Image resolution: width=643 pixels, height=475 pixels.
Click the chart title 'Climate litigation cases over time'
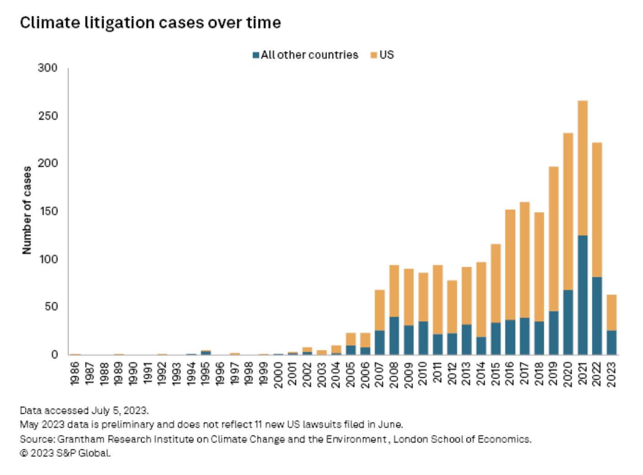(x=150, y=23)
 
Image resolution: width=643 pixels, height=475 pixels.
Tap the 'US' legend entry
(x=382, y=55)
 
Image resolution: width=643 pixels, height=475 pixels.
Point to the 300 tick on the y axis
(x=47, y=68)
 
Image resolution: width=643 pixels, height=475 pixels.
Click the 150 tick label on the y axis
(x=47, y=211)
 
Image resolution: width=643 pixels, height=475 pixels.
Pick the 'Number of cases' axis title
(x=27, y=210)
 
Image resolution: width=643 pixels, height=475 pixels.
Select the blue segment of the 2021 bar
(x=582, y=295)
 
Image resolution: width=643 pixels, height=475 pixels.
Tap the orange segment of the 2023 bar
(x=611, y=312)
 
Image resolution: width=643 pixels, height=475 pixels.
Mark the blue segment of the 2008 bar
(x=394, y=335)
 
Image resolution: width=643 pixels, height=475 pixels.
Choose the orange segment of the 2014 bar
(x=481, y=299)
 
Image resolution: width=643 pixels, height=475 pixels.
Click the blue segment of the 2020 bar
(x=568, y=322)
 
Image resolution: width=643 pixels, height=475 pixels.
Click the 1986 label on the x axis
(x=75, y=374)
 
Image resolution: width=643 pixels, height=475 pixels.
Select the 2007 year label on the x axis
(x=379, y=374)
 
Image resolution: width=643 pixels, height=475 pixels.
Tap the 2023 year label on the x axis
(x=611, y=374)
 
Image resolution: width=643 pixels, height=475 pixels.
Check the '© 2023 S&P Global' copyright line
(x=65, y=454)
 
